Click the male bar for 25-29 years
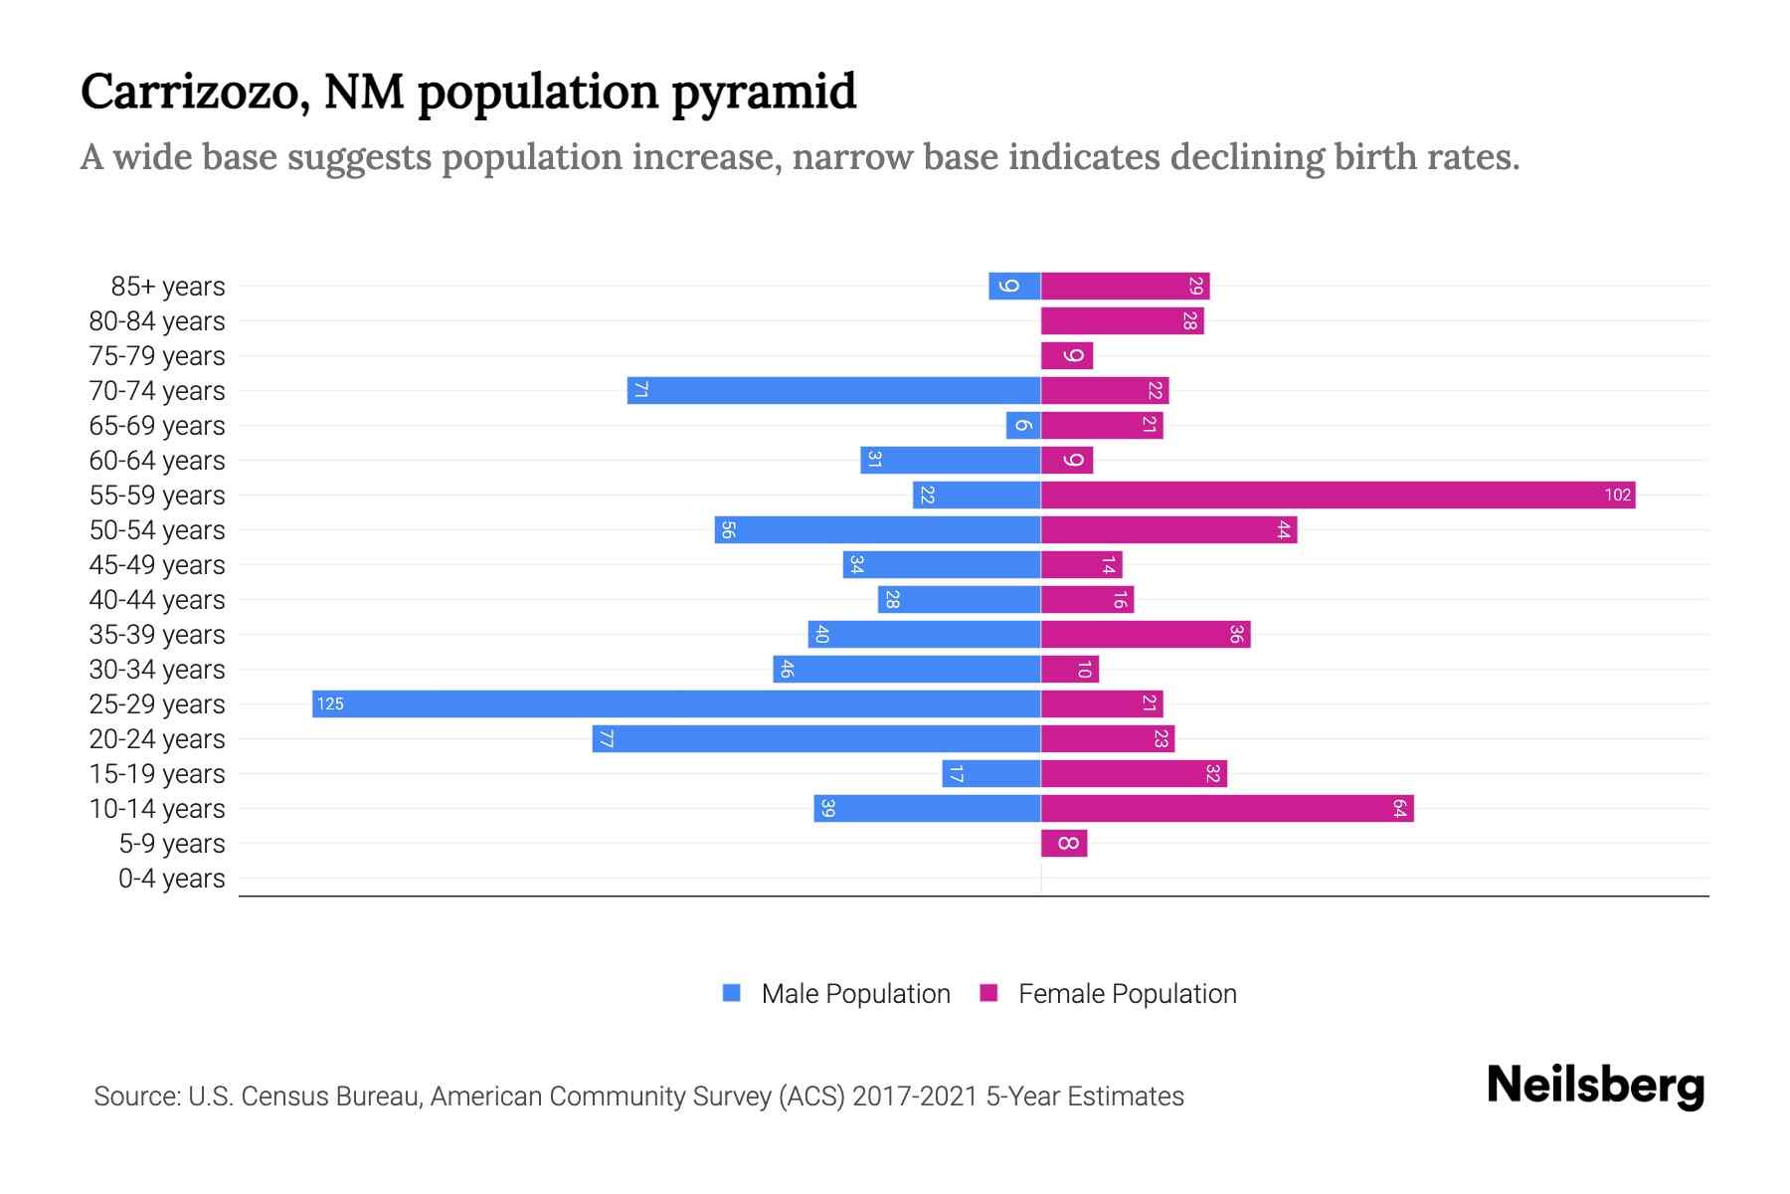point(676,703)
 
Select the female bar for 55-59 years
point(1338,495)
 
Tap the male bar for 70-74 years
point(833,390)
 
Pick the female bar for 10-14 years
point(1227,808)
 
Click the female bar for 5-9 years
point(1064,843)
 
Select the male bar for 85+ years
point(1014,286)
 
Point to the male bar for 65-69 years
point(1023,425)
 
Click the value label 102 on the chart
point(1617,495)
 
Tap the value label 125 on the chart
point(330,703)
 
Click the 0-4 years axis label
point(171,879)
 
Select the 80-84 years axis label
point(157,321)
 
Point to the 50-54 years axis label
point(157,530)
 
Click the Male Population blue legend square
point(732,993)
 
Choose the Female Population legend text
point(1127,993)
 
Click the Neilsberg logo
point(1595,1085)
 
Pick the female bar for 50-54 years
point(1168,529)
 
